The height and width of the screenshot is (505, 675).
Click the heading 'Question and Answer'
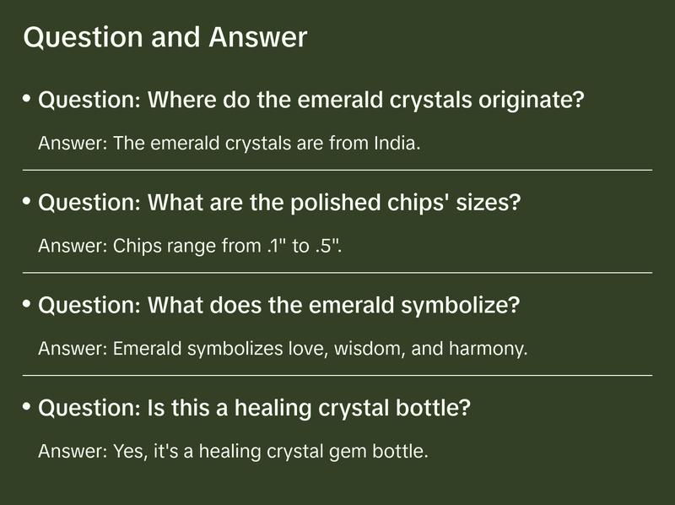tap(165, 37)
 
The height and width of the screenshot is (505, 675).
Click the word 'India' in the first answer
tap(395, 143)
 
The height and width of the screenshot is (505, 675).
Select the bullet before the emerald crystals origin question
tap(27, 100)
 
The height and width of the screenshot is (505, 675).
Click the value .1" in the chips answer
tap(272, 246)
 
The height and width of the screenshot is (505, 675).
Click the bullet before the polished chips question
tap(27, 202)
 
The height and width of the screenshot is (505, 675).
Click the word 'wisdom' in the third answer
tap(371, 348)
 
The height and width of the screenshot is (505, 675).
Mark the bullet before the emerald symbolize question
tap(27, 304)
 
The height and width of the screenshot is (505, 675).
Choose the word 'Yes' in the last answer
tap(126, 451)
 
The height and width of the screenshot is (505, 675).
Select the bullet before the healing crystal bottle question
tap(27, 407)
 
